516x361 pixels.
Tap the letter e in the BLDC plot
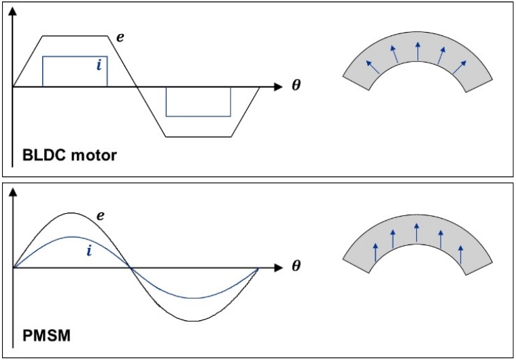coord(120,37)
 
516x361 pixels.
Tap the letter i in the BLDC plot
coord(99,64)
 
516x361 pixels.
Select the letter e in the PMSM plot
coord(100,216)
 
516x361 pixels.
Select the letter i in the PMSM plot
coord(89,251)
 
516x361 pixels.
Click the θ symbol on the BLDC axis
coord(296,87)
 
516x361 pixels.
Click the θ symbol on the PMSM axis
coord(296,266)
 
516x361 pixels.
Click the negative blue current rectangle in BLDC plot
coord(198,101)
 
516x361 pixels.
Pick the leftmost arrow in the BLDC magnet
coord(372,65)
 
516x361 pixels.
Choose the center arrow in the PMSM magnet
coord(417,232)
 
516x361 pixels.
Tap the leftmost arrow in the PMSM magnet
coord(375,252)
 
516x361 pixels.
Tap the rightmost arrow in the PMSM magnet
coord(461,252)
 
